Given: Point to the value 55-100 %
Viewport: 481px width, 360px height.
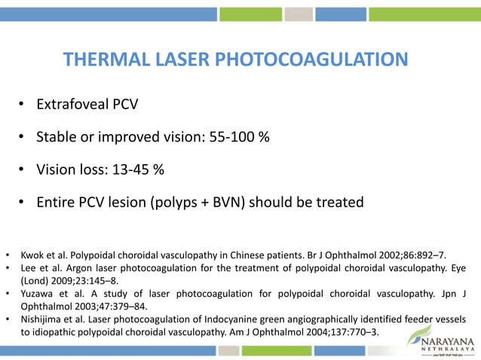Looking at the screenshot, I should coord(240,137).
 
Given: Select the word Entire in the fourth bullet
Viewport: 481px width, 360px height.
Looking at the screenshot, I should coord(57,203).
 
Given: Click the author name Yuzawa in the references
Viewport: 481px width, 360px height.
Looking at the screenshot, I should coord(39,293).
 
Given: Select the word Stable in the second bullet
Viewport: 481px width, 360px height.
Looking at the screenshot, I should coord(57,137).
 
